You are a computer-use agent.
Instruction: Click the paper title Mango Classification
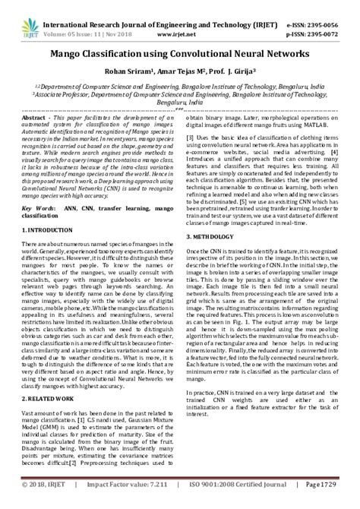tap(179, 55)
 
